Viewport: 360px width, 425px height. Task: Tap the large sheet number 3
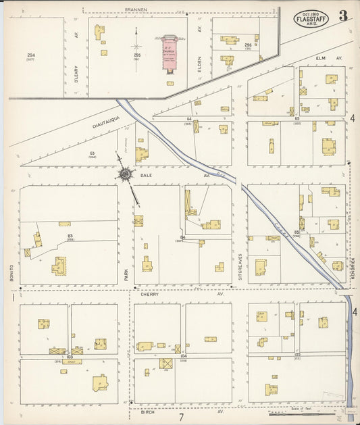click(x=344, y=16)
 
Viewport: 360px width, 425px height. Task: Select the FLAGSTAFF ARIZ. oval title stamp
click(x=313, y=18)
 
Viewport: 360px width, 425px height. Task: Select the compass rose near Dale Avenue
click(x=126, y=175)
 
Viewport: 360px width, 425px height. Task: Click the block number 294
click(x=31, y=55)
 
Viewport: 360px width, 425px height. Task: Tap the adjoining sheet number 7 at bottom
click(x=181, y=417)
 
